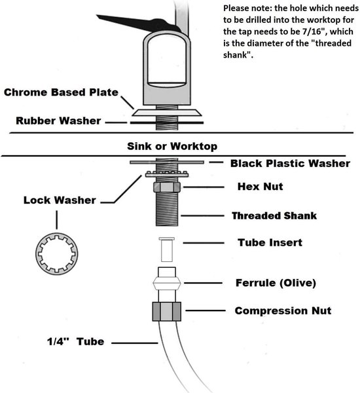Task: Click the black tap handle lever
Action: [138, 22]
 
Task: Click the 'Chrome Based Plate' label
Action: [61, 92]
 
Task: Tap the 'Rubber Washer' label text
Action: [58, 121]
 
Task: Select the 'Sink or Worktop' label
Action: [172, 146]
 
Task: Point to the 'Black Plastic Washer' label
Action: [290, 163]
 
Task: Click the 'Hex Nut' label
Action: [261, 187]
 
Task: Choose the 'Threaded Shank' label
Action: [274, 215]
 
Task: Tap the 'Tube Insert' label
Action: [270, 242]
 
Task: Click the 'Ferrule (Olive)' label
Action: [276, 283]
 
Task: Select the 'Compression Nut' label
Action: [283, 310]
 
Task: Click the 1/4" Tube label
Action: [76, 342]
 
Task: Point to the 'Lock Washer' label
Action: [60, 200]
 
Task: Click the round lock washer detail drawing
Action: [56, 253]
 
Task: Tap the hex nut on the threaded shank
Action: [167, 187]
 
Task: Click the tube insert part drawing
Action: [167, 250]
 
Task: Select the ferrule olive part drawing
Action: [167, 283]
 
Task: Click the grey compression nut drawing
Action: [167, 312]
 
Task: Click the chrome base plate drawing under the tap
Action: [167, 113]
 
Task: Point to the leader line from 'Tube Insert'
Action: [204, 243]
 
